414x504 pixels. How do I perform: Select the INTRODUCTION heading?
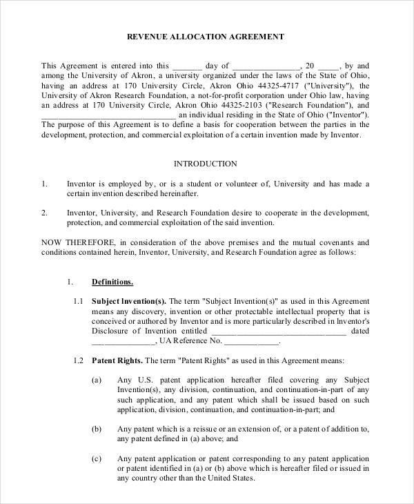205,164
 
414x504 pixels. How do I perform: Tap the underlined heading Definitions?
112,282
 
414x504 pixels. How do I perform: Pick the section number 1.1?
78,301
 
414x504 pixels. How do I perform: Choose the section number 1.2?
78,360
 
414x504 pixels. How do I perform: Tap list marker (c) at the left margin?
97,458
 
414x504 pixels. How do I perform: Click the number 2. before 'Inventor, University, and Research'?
45,213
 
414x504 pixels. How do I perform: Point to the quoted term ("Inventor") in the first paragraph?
346,115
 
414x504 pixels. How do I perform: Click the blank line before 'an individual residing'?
110,115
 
